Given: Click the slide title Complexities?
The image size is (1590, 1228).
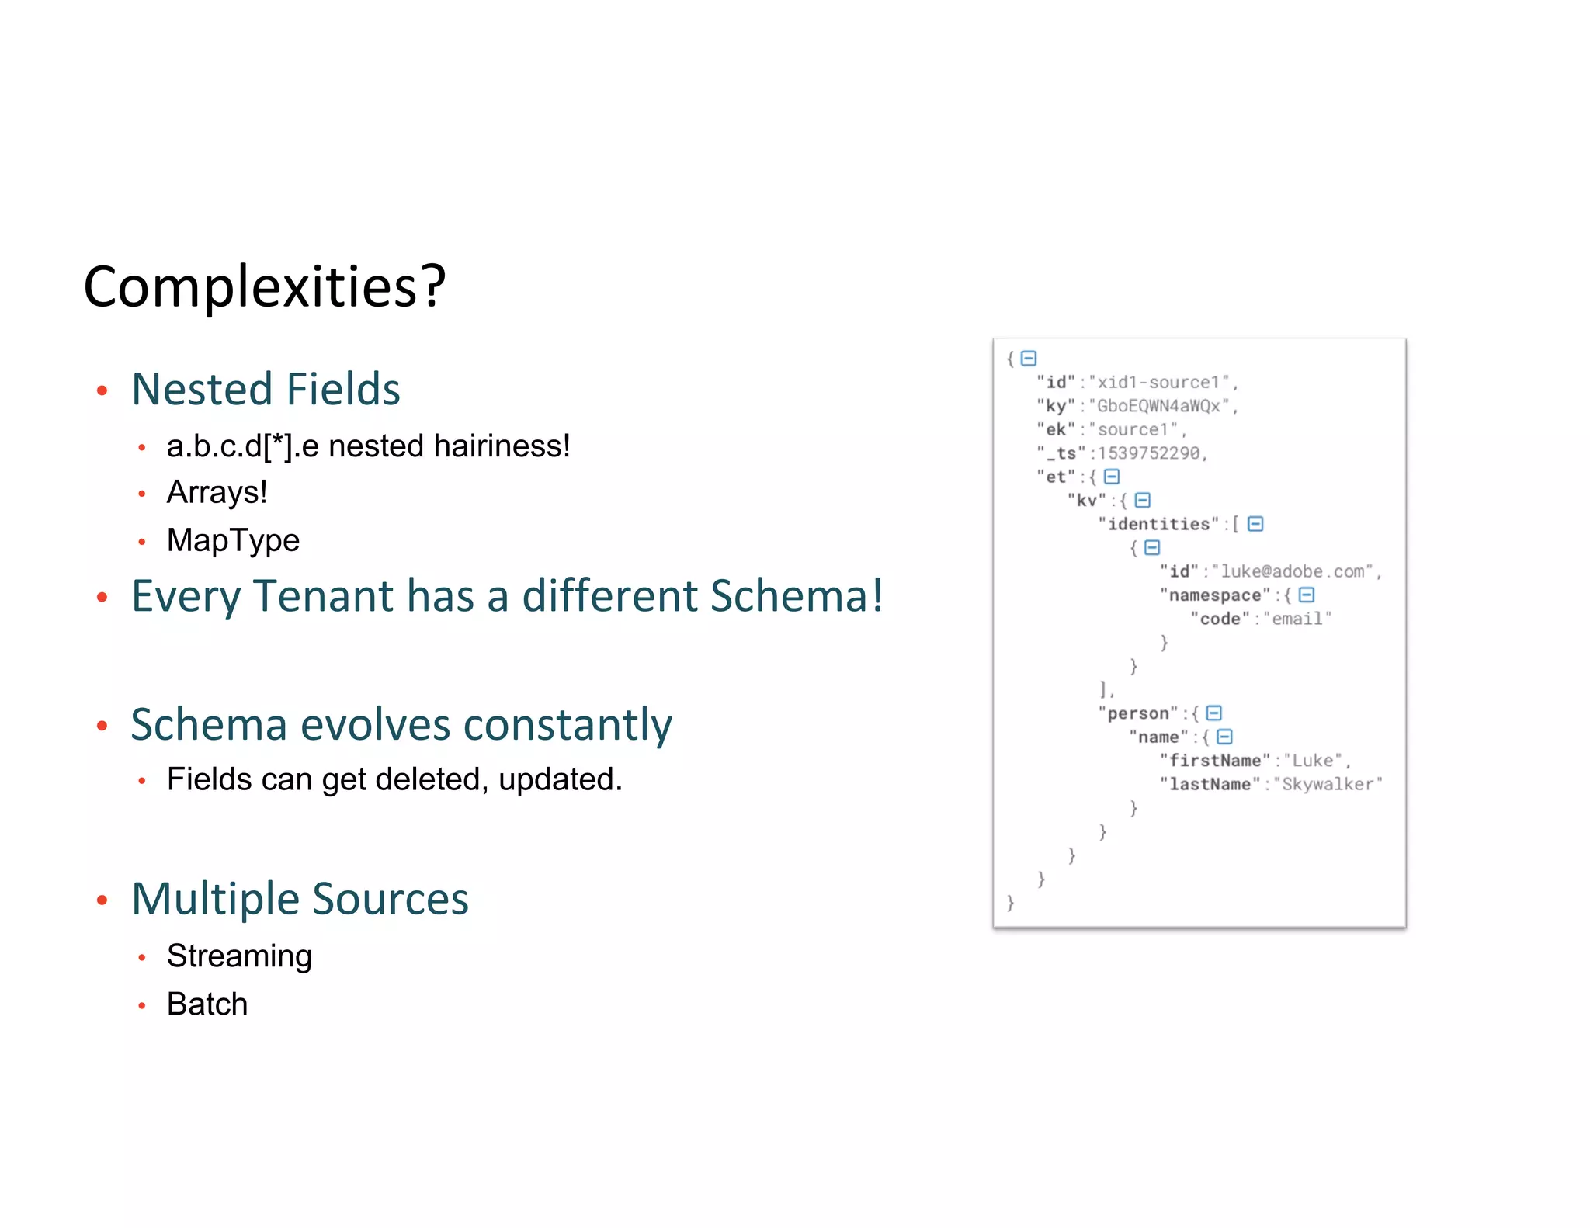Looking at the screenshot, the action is [x=264, y=286].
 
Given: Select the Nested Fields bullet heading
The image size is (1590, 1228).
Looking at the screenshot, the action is [x=266, y=389].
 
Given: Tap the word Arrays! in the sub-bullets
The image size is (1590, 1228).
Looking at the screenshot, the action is [x=217, y=492].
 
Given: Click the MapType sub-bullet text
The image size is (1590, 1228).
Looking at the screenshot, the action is [x=233, y=540].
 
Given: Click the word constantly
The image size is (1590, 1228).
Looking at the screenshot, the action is [x=568, y=725].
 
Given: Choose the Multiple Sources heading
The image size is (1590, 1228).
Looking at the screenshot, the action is [x=300, y=899].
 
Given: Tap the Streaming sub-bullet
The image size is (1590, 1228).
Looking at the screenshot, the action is [x=239, y=956].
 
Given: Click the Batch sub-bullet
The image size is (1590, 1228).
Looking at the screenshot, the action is [x=207, y=1004].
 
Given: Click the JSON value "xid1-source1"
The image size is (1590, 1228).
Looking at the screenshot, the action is [x=1159, y=383].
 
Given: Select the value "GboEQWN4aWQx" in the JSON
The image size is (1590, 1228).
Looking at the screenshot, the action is [x=1159, y=406].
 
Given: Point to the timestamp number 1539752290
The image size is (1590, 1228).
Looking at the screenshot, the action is [x=1149, y=453].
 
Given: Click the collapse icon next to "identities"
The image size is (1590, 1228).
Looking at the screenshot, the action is [x=1255, y=524].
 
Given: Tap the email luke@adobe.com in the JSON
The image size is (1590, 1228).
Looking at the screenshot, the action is [x=1293, y=572].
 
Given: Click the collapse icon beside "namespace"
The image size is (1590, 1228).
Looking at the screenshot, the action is [x=1307, y=595].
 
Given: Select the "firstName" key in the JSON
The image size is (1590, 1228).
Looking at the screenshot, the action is [x=1215, y=761].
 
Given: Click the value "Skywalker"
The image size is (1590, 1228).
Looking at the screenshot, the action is [x=1328, y=785].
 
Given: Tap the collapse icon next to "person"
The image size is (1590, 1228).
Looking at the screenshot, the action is [x=1214, y=713].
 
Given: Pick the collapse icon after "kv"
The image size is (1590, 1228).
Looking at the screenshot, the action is [x=1142, y=501].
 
